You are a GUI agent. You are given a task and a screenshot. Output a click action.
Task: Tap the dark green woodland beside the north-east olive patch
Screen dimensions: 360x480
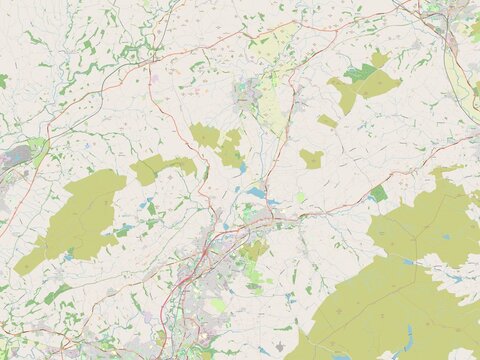pyautogui.click(x=361, y=72)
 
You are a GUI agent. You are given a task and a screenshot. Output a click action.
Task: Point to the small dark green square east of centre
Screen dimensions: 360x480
pyautogui.click(x=378, y=193)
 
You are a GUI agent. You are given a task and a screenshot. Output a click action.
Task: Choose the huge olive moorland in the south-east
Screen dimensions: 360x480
pyautogui.click(x=400, y=290)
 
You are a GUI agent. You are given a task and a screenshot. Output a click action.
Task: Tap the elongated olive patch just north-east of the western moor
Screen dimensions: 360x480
pyautogui.click(x=160, y=167)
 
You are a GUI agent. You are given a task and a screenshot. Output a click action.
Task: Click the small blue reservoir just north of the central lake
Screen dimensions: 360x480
pyautogui.click(x=242, y=168)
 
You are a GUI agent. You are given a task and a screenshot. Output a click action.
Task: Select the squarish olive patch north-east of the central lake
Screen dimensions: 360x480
pyautogui.click(x=311, y=158)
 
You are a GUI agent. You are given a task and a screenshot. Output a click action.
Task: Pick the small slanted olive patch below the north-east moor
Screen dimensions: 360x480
pyautogui.click(x=327, y=121)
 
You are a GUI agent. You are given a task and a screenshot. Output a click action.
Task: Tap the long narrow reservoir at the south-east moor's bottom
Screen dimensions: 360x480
pyautogui.click(x=408, y=337)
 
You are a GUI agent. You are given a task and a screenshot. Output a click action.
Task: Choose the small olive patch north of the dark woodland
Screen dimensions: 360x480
pyautogui.click(x=379, y=59)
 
